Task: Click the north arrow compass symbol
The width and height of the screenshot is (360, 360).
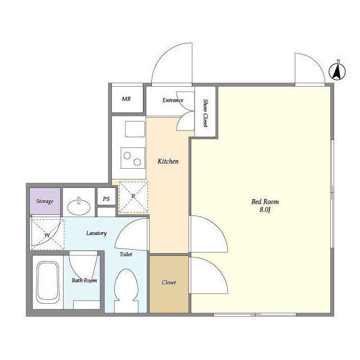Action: [x=337, y=71]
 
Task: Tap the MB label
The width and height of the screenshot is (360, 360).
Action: [x=126, y=99]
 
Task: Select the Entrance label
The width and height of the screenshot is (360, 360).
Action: [x=173, y=100]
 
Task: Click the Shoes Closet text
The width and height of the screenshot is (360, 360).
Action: [x=205, y=112]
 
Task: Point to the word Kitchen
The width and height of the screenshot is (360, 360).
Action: [x=168, y=161]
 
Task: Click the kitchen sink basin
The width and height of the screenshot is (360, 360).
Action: [x=135, y=129]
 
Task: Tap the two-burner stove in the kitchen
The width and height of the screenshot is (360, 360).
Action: [x=133, y=158]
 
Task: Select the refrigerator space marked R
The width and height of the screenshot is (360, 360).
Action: [x=133, y=197]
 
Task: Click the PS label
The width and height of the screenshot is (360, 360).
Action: [x=106, y=199]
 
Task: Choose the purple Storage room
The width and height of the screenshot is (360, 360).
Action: [x=45, y=201]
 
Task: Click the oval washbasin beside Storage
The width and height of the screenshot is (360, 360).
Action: [x=79, y=206]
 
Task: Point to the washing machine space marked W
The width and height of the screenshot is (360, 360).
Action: [x=47, y=234]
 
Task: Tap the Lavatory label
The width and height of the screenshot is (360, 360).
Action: [x=96, y=233]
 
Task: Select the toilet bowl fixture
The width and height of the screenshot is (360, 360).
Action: [x=126, y=291]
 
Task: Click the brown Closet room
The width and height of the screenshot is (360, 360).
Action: [x=169, y=284]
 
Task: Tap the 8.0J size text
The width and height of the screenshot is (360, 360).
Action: [x=265, y=210]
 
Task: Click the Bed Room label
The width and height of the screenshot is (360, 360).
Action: [x=265, y=202]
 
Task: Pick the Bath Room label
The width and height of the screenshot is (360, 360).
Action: [x=84, y=280]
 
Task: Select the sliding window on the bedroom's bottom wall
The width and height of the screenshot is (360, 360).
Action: [x=255, y=315]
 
